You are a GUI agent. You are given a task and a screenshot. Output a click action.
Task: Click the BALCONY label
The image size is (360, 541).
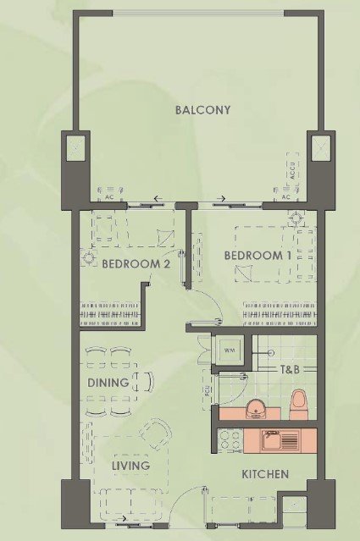[202, 110]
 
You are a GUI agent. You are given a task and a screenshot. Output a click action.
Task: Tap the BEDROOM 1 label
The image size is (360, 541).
[258, 256]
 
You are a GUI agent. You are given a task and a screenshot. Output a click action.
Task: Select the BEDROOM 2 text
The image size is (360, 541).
[136, 264]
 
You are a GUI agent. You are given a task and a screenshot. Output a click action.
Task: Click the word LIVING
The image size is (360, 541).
[130, 466]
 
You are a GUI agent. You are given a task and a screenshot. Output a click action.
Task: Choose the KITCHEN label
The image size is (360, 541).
[265, 474]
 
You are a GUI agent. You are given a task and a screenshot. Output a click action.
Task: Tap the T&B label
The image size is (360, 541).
[289, 370]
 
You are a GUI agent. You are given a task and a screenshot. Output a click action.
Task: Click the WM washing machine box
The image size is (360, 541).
[230, 351]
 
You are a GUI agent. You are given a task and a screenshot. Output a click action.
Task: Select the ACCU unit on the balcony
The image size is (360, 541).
[293, 170]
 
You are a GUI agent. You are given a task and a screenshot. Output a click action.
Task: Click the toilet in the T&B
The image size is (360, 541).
[299, 405]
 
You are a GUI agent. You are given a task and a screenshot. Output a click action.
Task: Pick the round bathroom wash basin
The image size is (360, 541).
[255, 409]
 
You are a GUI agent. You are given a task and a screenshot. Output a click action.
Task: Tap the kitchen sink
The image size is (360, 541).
[280, 440]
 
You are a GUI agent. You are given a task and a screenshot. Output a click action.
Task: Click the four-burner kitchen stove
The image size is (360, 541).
[230, 440]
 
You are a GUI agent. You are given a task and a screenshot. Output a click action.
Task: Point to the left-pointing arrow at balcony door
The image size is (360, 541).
[158, 198]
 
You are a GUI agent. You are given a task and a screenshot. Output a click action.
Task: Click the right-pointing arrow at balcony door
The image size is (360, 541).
[221, 198]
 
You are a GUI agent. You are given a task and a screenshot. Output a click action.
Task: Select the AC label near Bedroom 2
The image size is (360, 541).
[109, 197]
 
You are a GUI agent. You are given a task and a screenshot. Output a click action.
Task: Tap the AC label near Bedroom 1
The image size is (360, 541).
[285, 197]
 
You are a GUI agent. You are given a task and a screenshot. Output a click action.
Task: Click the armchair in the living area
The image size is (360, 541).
[156, 433]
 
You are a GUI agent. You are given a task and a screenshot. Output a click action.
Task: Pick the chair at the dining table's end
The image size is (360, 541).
[147, 382]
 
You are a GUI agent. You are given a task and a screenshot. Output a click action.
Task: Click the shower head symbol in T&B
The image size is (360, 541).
[271, 352]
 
